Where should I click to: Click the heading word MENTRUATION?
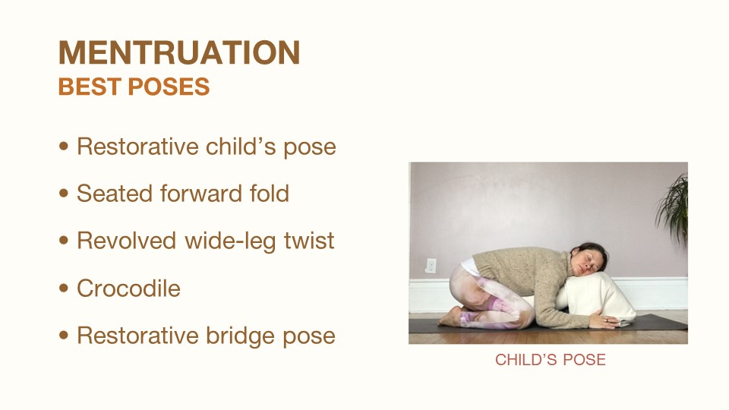pos(179,52)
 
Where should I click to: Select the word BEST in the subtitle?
pos(90,87)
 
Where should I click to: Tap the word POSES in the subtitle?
pos(169,87)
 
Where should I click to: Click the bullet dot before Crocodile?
pos(64,288)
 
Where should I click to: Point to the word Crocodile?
pos(128,289)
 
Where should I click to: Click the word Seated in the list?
pos(115,194)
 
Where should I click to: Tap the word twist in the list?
pos(309,241)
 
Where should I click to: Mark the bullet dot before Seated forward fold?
pos(64,193)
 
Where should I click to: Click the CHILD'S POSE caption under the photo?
pos(550,360)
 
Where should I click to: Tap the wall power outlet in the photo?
pos(431,266)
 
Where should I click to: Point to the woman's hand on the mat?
pos(604,320)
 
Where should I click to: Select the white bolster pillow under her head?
pos(598,297)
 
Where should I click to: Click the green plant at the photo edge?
pos(674,210)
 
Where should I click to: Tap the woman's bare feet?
pos(450,317)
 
